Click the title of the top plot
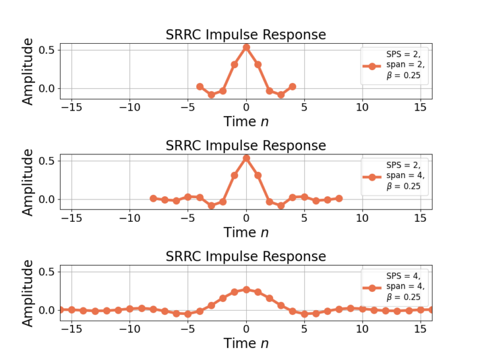246,34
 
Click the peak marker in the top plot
246,47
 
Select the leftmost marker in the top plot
200,87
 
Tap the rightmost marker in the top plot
292,87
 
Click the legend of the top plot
395,66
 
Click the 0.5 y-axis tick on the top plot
47,50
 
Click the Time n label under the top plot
246,121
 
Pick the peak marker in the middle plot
246,158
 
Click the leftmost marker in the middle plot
153,198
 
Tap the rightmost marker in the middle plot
339,198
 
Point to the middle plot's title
246,146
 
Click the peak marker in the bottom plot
246,289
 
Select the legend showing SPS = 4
395,287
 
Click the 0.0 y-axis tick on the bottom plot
47,310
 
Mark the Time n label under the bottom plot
246,343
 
